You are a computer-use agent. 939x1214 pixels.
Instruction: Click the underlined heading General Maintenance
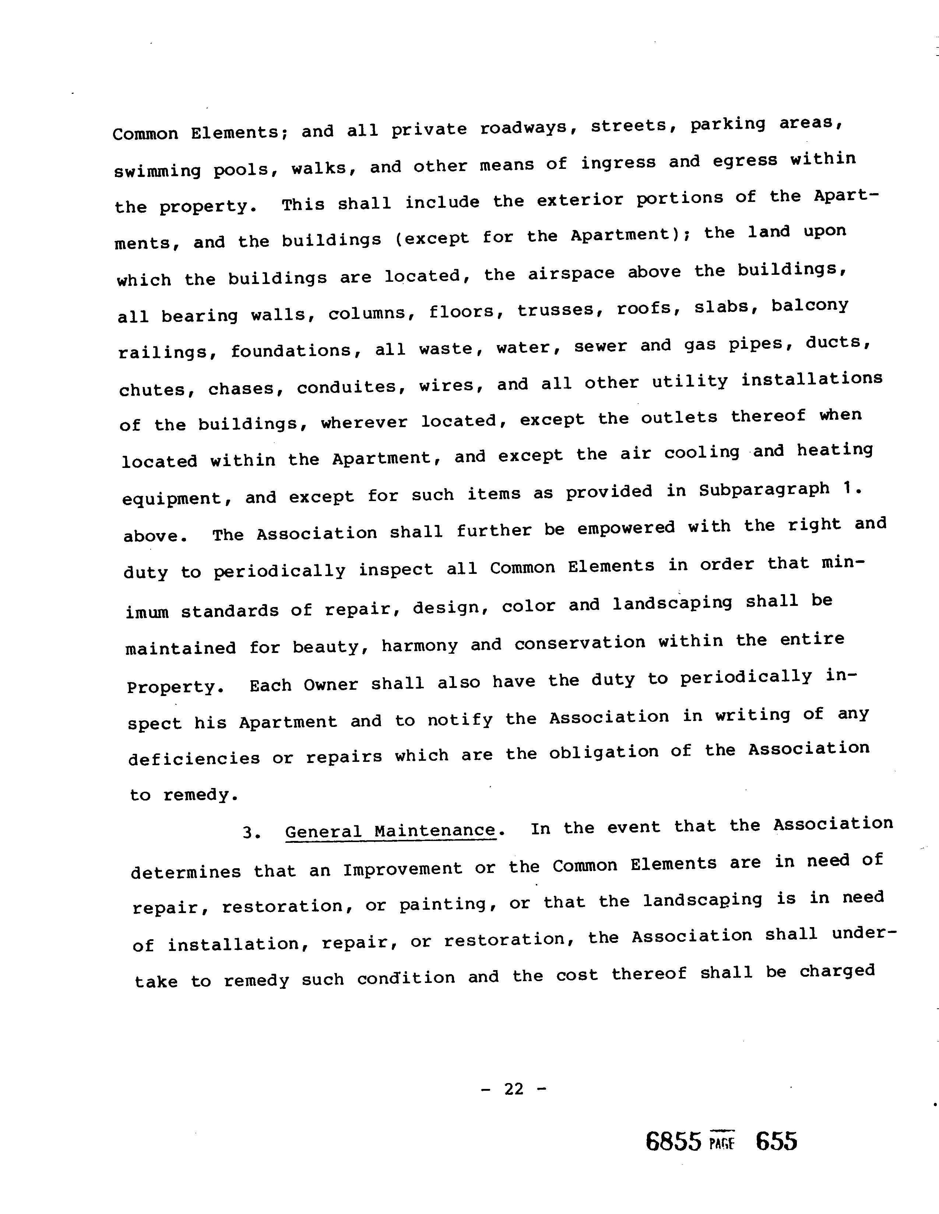point(390,831)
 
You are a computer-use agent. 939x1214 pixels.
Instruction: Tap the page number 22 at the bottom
point(514,1089)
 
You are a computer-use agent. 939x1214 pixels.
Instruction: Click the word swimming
point(158,171)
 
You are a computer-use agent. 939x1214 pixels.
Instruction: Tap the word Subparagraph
point(764,490)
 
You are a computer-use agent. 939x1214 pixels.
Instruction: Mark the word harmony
point(419,645)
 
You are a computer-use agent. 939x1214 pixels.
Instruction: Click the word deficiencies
point(194,758)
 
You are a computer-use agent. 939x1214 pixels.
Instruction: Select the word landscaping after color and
point(672,603)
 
